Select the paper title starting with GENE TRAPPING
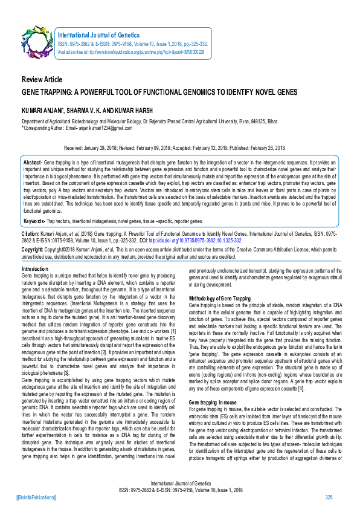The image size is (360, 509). (x=159, y=92)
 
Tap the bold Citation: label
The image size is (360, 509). (x=30, y=233)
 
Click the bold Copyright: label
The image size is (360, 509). (x=33, y=249)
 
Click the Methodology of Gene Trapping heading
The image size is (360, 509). (x=220, y=299)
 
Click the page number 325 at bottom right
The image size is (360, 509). (x=329, y=498)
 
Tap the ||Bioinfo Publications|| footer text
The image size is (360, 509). (x=36, y=498)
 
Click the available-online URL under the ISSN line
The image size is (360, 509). (x=131, y=52)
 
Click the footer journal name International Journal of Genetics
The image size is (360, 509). (x=179, y=484)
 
